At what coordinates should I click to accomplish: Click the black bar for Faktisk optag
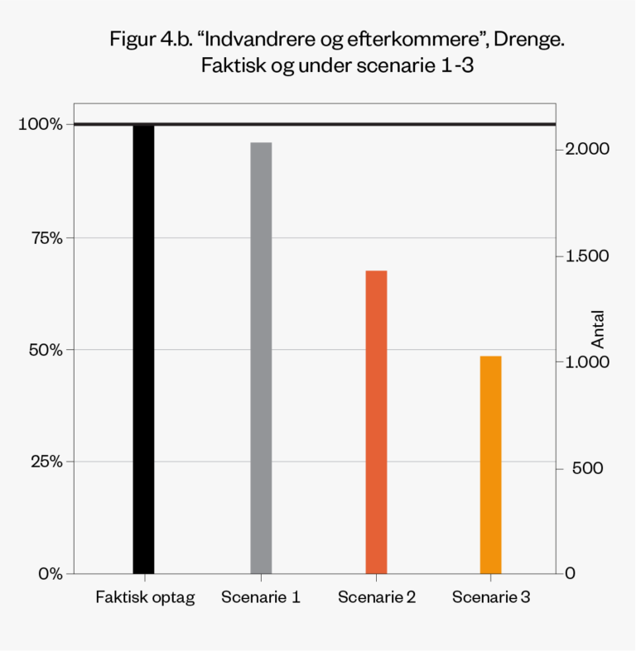click(x=143, y=347)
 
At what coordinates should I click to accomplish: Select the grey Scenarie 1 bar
click(x=261, y=357)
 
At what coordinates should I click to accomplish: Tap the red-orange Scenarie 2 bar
click(x=376, y=422)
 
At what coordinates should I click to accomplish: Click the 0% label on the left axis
click(x=48, y=573)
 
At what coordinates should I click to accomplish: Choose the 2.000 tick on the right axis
click(x=588, y=150)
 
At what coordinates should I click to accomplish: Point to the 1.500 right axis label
click(x=587, y=256)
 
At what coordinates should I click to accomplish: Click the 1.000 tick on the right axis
click(x=587, y=362)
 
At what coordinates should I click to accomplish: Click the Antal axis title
click(x=598, y=329)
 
